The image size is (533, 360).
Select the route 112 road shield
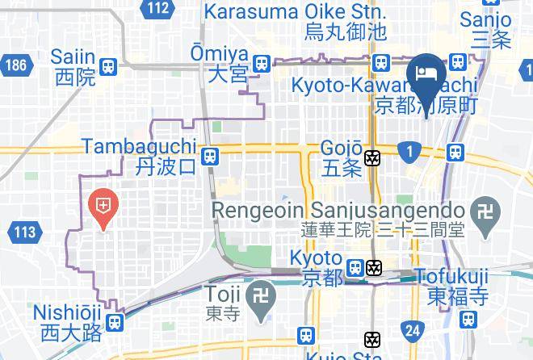tap(159, 9)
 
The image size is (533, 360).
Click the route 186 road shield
tap(15, 65)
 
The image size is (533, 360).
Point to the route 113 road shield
tap(25, 233)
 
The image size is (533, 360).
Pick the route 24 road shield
tap(413, 329)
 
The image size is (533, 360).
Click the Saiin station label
tap(73, 67)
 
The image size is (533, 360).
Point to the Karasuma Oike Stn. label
tap(296, 22)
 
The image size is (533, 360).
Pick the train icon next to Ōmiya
tap(261, 63)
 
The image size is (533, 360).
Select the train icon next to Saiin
tap(107, 66)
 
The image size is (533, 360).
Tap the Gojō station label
tap(341, 158)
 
